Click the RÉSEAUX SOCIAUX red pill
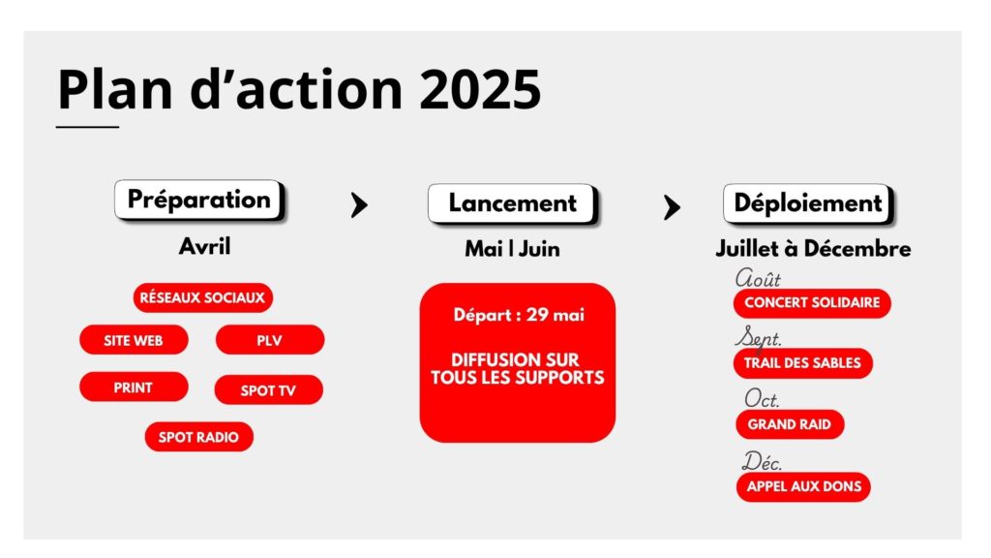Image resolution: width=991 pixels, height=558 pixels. coord(203,297)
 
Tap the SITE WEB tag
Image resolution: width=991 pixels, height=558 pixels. coord(134,340)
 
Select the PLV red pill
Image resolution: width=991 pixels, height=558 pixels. coord(270,340)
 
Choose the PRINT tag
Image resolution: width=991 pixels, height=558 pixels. coord(134,387)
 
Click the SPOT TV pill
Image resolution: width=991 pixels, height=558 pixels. coord(269,389)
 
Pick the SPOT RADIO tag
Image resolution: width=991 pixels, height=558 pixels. coord(199,437)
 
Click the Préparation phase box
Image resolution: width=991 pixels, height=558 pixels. coord(199,200)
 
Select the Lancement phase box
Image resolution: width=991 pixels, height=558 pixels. coord(513,203)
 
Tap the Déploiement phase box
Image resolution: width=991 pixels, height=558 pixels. coord(808,203)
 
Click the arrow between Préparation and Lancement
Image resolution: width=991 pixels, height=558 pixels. coord(359,205)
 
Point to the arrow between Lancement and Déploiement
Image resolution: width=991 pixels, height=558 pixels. coord(672,207)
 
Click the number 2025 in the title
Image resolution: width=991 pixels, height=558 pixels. coord(480,88)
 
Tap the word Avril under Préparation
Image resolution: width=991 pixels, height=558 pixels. coord(205,246)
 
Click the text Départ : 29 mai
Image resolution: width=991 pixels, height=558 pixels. coord(519,315)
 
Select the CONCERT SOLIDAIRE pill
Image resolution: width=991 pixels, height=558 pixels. coord(812,302)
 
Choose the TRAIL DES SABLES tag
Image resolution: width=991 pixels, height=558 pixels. coord(802,363)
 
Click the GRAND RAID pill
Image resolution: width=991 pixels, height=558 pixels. coord(790,424)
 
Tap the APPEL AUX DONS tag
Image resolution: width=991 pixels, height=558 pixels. coord(804,486)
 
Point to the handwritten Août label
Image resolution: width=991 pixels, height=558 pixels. coord(758,278)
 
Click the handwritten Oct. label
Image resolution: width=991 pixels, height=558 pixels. coord(762,398)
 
